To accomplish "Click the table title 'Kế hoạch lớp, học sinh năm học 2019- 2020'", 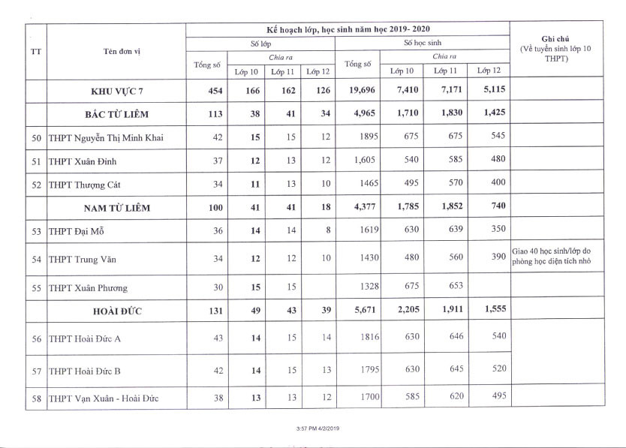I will pos(348,29).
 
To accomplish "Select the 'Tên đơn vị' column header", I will pos(122,51).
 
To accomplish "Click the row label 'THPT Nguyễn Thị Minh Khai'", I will pos(105,137).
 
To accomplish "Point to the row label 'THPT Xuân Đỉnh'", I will pos(82,161).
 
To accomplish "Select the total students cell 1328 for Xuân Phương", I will pos(360,287).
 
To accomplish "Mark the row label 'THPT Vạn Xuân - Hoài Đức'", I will pos(103,398).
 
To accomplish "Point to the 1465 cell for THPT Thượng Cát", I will pos(360,184).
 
